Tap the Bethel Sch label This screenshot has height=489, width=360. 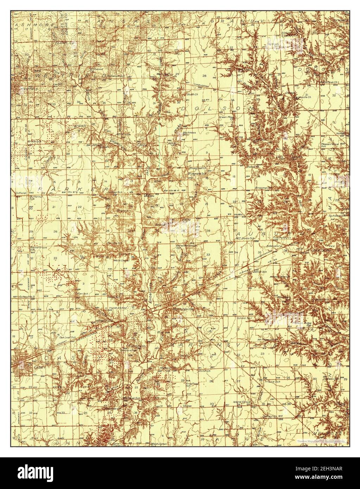click(x=259, y=272)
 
